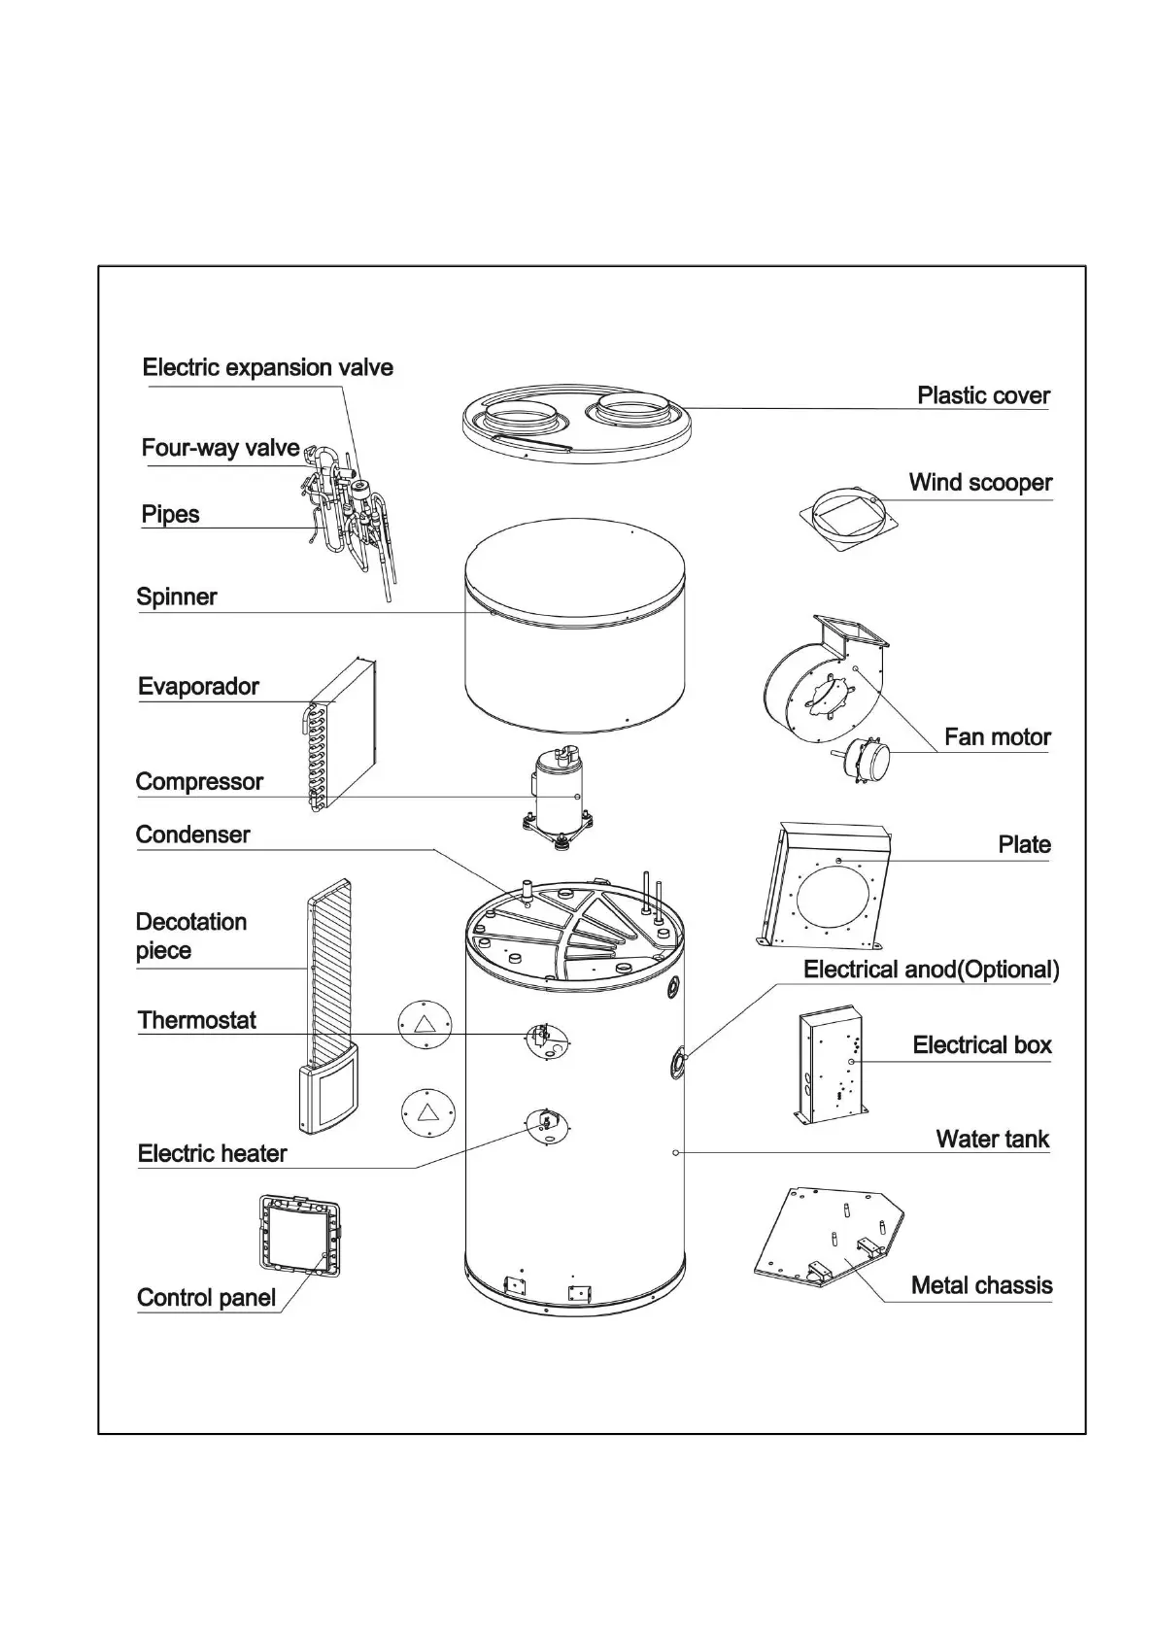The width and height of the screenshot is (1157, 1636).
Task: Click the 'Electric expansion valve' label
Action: pos(267,368)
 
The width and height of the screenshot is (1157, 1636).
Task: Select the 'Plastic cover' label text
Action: pos(983,396)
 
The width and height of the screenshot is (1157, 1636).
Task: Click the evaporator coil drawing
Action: pos(340,734)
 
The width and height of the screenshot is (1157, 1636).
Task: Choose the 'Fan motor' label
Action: pos(997,737)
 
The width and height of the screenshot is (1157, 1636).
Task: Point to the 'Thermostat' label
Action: pos(197,1021)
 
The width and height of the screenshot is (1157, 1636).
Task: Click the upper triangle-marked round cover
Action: pos(425,1024)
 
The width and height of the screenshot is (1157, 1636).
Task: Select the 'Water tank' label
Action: pos(992,1140)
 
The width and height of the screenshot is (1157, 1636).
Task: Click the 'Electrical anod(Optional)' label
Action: pos(931,971)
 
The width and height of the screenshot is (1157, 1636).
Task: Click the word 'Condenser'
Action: pos(192,835)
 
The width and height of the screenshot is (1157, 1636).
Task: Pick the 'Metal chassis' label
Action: pos(981,1286)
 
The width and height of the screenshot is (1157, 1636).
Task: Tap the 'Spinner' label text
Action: pos(177,597)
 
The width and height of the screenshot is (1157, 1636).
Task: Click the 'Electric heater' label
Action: pos(213,1154)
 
